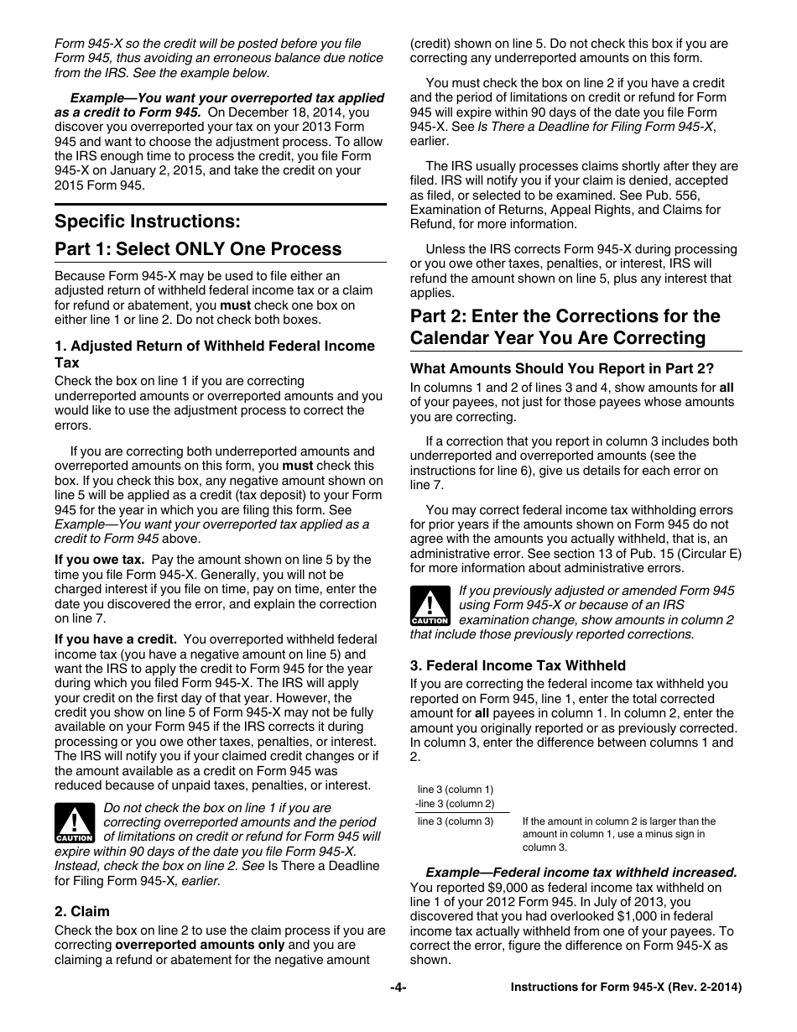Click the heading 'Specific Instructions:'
[x=147, y=222]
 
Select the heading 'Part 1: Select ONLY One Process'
[x=198, y=249]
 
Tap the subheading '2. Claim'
[x=82, y=911]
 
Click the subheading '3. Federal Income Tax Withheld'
[x=518, y=665]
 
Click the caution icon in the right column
[x=430, y=606]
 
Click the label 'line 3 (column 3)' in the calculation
[x=455, y=821]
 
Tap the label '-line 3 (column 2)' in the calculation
[x=455, y=804]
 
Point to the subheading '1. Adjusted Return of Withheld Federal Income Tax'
[x=214, y=354]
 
